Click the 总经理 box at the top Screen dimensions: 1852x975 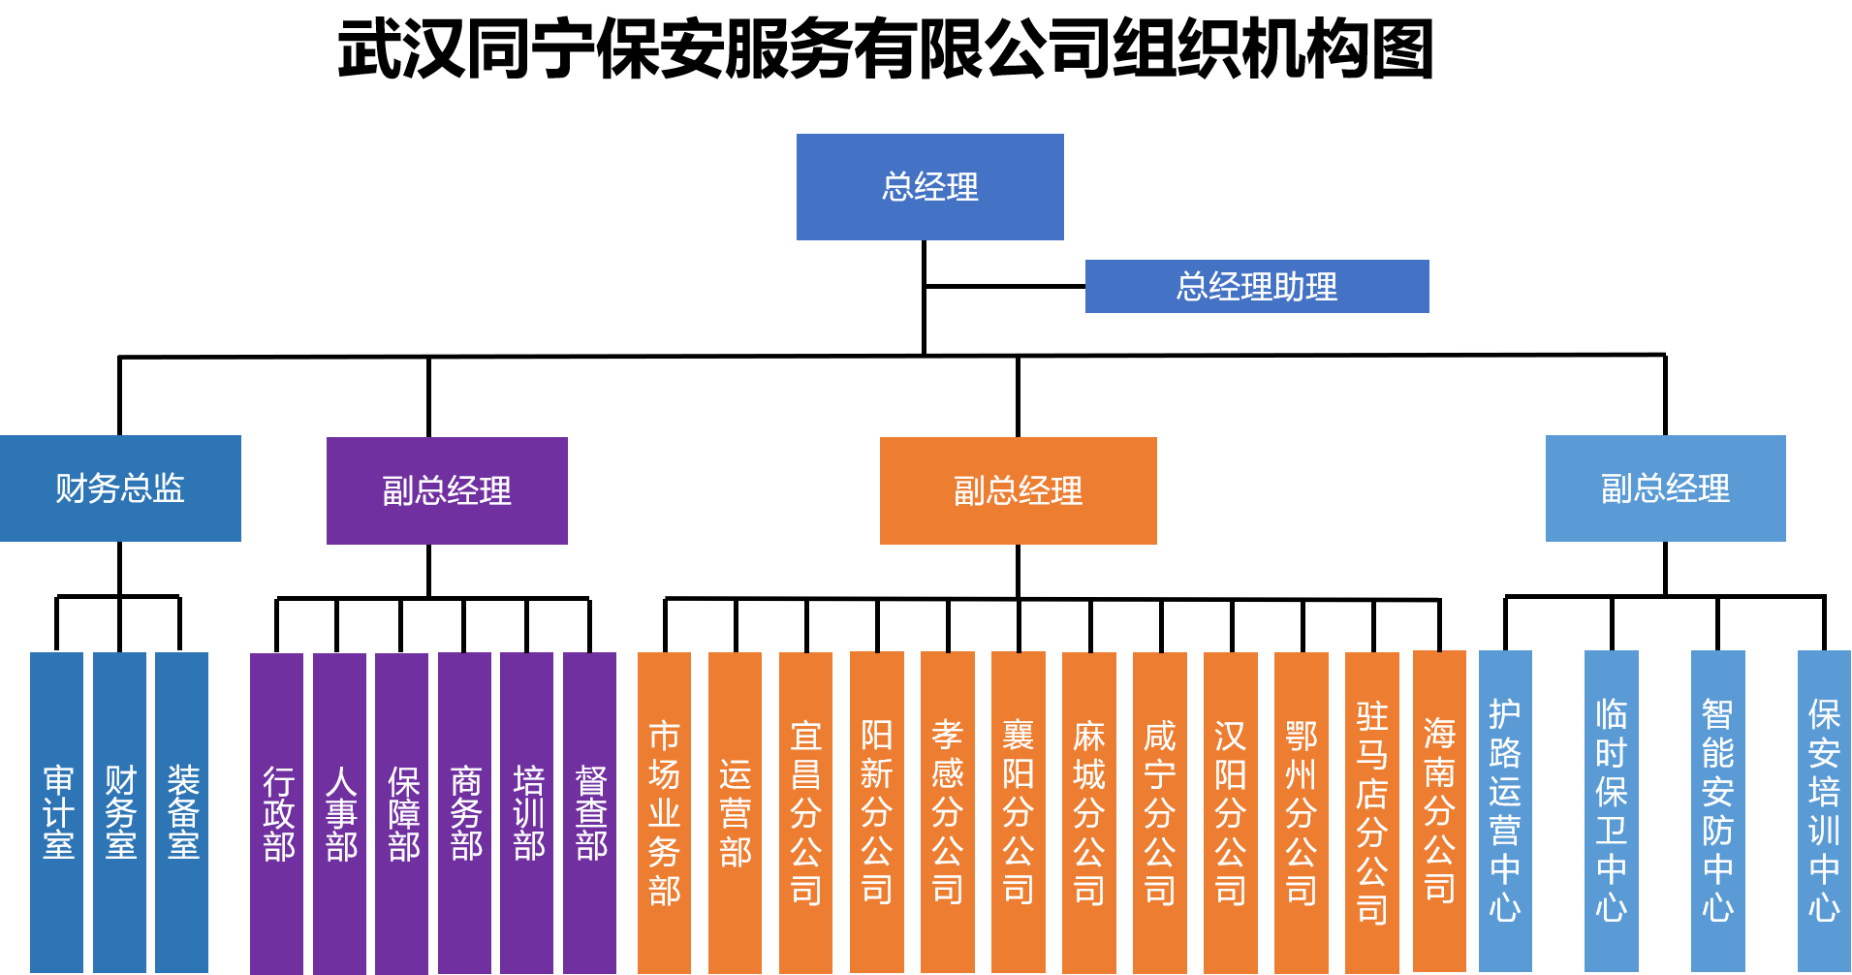(929, 187)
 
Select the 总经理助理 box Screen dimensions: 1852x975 (1257, 286)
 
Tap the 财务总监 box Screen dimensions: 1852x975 (120, 488)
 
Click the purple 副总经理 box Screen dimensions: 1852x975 (447, 490)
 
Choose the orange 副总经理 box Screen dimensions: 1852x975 (1018, 490)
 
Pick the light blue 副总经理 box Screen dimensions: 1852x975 (1665, 488)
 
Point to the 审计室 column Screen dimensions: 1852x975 (56, 812)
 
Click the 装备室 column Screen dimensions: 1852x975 (182, 812)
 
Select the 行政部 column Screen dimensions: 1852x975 (277, 814)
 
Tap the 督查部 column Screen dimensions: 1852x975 (590, 814)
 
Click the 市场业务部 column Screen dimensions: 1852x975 (665, 813)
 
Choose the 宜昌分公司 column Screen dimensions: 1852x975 (806, 813)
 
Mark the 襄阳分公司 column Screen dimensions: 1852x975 (1019, 812)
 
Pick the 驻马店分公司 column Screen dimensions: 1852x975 (1372, 812)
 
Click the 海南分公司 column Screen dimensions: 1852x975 (1439, 811)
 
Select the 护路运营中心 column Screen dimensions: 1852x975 (1505, 811)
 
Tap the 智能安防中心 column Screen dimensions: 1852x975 (1718, 811)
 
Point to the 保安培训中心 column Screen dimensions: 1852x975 (1824, 811)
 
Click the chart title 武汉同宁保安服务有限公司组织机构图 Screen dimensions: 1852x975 (885, 49)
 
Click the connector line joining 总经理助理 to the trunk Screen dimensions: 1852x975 (1005, 286)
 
